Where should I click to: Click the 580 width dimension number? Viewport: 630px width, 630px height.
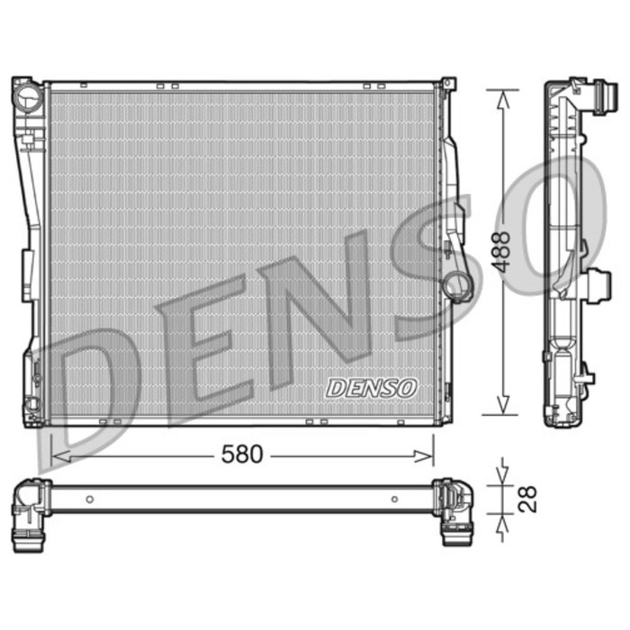click(242, 455)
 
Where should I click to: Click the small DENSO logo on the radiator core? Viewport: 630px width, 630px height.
click(372, 388)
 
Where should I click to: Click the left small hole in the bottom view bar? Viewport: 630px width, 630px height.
click(89, 499)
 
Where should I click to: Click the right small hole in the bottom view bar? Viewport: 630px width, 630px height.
click(394, 499)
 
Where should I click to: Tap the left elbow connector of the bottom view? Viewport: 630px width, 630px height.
click(31, 509)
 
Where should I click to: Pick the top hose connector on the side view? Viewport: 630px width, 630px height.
click(601, 94)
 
